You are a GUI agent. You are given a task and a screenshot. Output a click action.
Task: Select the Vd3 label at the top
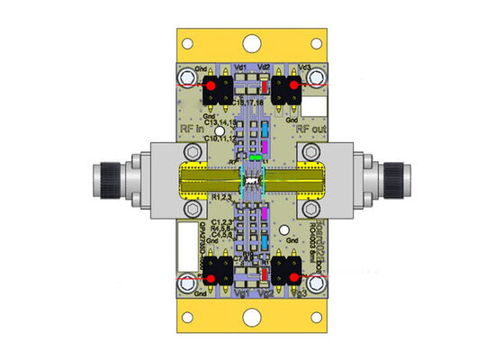click(305, 67)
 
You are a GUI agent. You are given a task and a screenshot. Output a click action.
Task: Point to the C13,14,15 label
click(220, 121)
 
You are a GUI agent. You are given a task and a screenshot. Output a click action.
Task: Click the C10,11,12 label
click(220, 139)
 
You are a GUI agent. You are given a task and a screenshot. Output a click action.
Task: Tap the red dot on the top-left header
click(212, 85)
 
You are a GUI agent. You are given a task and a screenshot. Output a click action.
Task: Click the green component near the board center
click(256, 157)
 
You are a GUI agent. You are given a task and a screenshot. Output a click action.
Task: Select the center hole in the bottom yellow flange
click(252, 318)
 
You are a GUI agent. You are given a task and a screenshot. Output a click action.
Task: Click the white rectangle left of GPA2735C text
click(187, 238)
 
